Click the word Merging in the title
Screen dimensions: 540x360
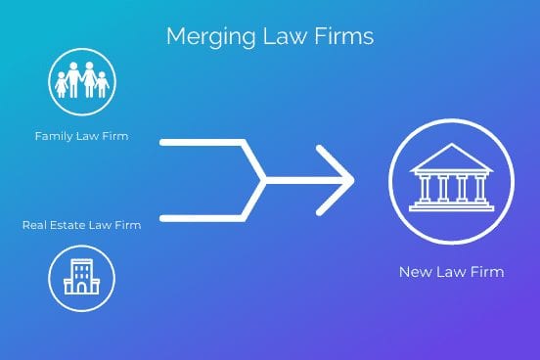(x=210, y=37)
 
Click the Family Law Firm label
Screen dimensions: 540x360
(x=81, y=136)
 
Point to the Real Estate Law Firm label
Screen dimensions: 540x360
(x=81, y=225)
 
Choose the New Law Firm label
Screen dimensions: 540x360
(x=452, y=272)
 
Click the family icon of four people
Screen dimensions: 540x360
(x=82, y=80)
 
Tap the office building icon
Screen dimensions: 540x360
(x=81, y=277)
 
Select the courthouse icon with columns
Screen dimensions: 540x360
(x=452, y=178)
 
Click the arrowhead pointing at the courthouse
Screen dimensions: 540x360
(x=341, y=180)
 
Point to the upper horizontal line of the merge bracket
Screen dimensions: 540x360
(x=202, y=142)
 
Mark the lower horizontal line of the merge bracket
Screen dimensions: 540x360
(x=202, y=218)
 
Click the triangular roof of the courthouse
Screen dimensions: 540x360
(x=452, y=157)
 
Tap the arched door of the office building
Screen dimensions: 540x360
(x=81, y=288)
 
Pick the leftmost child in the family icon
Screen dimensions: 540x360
(x=61, y=85)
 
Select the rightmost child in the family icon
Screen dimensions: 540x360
(x=102, y=85)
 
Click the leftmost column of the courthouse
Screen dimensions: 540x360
(x=425, y=188)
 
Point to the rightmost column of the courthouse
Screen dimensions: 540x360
(x=479, y=188)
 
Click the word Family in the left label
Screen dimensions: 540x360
(x=54, y=136)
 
